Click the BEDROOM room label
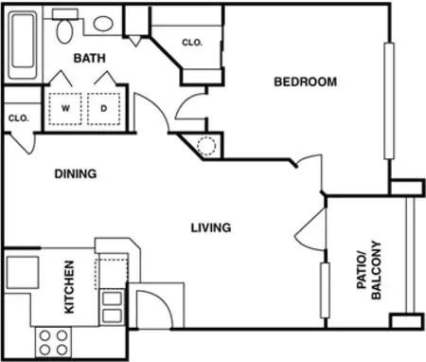coord(305,81)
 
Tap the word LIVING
coord(211,227)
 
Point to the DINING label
coord(76,173)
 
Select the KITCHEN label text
coord(69,287)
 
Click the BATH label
coord(90,59)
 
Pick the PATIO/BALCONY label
coord(368,270)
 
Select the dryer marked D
coord(103,108)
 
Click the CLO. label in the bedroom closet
coord(192,43)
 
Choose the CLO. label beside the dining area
coord(17,118)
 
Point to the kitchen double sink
coord(112,308)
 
